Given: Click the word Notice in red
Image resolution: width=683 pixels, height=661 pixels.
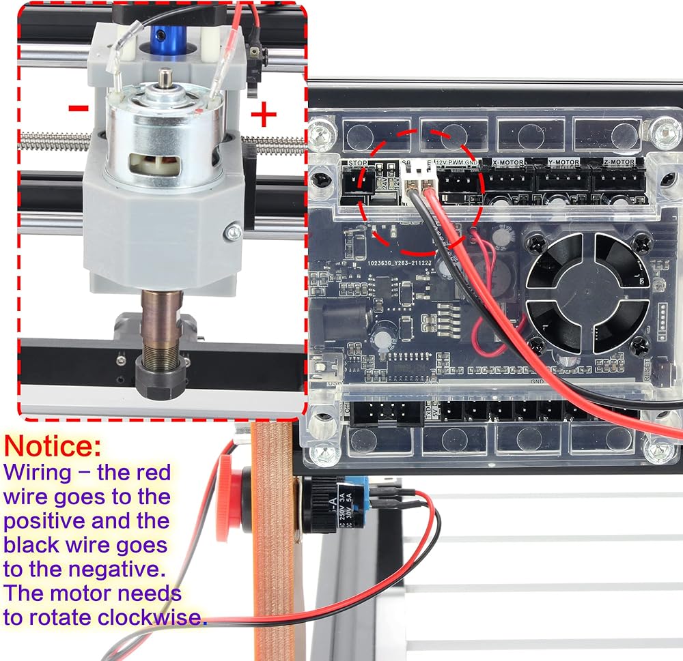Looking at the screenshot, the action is [53, 447].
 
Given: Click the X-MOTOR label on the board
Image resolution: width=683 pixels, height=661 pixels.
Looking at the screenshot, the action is [508, 162].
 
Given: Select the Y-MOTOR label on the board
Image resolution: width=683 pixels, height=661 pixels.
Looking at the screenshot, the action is [563, 162].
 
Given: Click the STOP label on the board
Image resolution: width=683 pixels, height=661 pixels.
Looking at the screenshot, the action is [357, 163].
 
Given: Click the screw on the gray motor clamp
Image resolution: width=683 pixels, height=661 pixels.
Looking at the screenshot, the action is [233, 233].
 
